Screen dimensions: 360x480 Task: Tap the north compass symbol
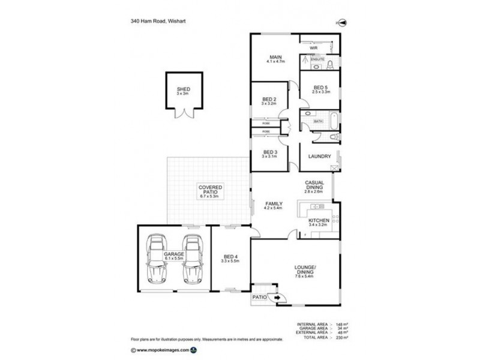point(343,23)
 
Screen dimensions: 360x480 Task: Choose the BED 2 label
point(269,101)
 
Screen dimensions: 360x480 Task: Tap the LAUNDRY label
point(320,157)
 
